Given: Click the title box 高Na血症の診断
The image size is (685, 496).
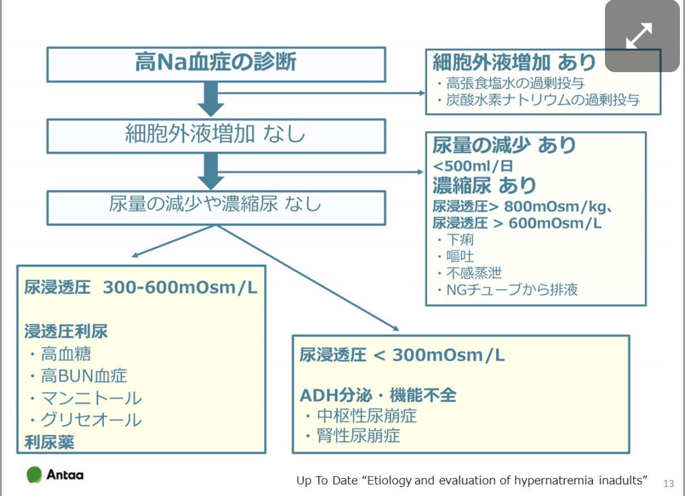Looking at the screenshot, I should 215,63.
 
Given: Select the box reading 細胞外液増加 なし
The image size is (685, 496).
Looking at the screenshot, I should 215,135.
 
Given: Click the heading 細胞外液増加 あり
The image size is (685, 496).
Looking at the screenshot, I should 514,62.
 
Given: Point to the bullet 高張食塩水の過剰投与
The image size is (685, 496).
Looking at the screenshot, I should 515,84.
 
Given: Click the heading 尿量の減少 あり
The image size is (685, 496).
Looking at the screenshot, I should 504,145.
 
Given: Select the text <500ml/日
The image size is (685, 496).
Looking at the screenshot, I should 473,166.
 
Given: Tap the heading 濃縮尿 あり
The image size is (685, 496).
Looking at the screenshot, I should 484,185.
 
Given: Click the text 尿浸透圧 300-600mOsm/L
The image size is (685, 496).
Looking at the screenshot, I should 141,287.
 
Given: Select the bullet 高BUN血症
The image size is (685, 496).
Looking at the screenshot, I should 83,376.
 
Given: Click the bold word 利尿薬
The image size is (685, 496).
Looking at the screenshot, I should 49,442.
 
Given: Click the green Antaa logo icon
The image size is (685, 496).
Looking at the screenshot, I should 34,474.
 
